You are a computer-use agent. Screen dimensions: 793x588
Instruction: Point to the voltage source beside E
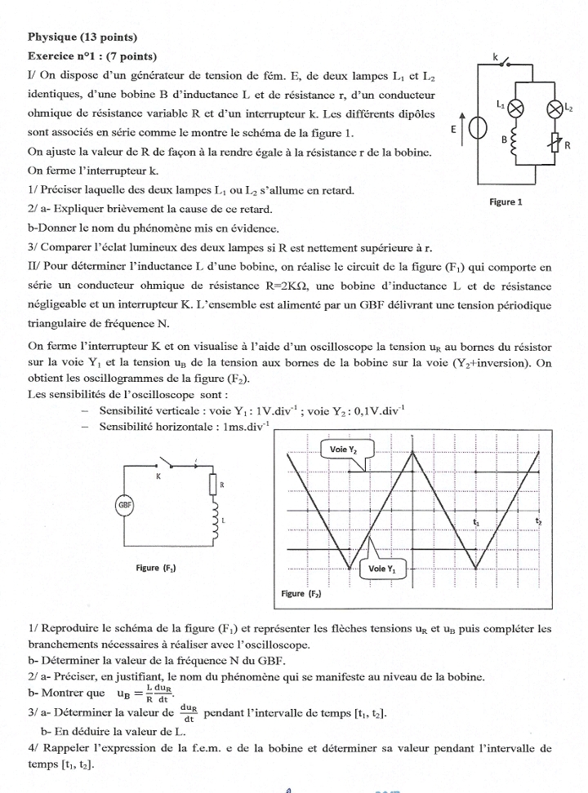477,129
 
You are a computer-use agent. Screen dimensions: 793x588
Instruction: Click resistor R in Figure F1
214,485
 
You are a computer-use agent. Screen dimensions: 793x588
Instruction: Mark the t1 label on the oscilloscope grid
476,521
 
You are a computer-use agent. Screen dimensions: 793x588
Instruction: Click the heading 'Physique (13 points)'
82,37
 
